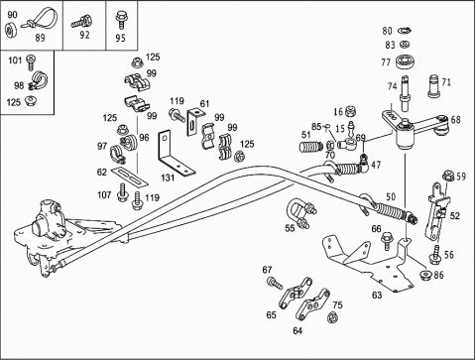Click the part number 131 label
coord(168,178)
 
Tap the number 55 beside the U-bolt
coord(290,228)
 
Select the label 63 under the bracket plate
coord(377,295)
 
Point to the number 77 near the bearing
coord(386,62)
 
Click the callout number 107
coord(104,195)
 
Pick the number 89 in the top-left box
coord(40,38)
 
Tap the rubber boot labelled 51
coord(311,147)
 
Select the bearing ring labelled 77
coord(406,61)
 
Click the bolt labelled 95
coord(121,20)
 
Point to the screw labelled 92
coord(81,22)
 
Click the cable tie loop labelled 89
coord(41,21)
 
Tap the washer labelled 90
coord(11,29)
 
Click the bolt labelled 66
coord(387,242)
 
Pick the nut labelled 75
coord(331,317)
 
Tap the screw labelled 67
coord(275,284)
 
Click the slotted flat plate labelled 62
coord(129,176)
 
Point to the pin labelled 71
coord(435,86)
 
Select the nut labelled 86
coord(425,275)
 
